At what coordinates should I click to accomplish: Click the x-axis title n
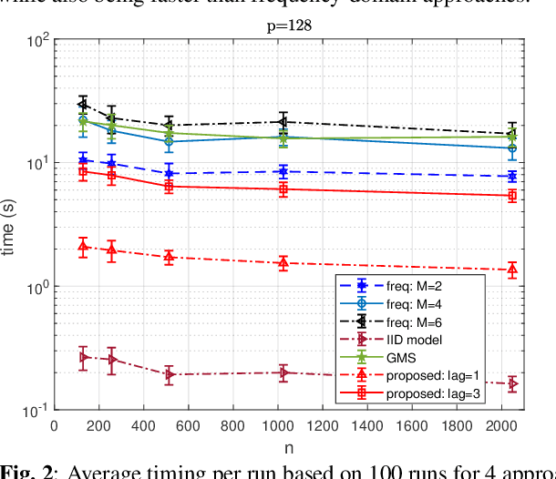289,447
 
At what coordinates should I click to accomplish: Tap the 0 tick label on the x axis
54,425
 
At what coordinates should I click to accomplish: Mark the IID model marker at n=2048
512,384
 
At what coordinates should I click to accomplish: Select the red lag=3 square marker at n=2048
512,196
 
